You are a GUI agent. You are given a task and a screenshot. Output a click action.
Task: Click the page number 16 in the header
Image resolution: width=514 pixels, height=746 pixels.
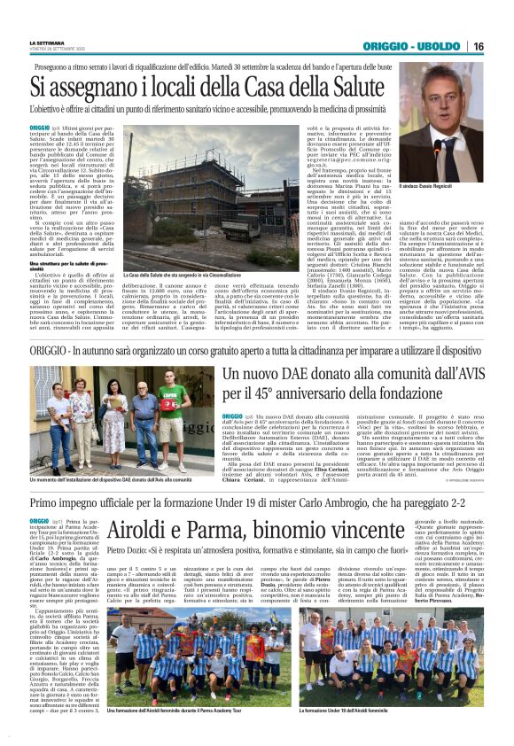(x=502, y=46)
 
